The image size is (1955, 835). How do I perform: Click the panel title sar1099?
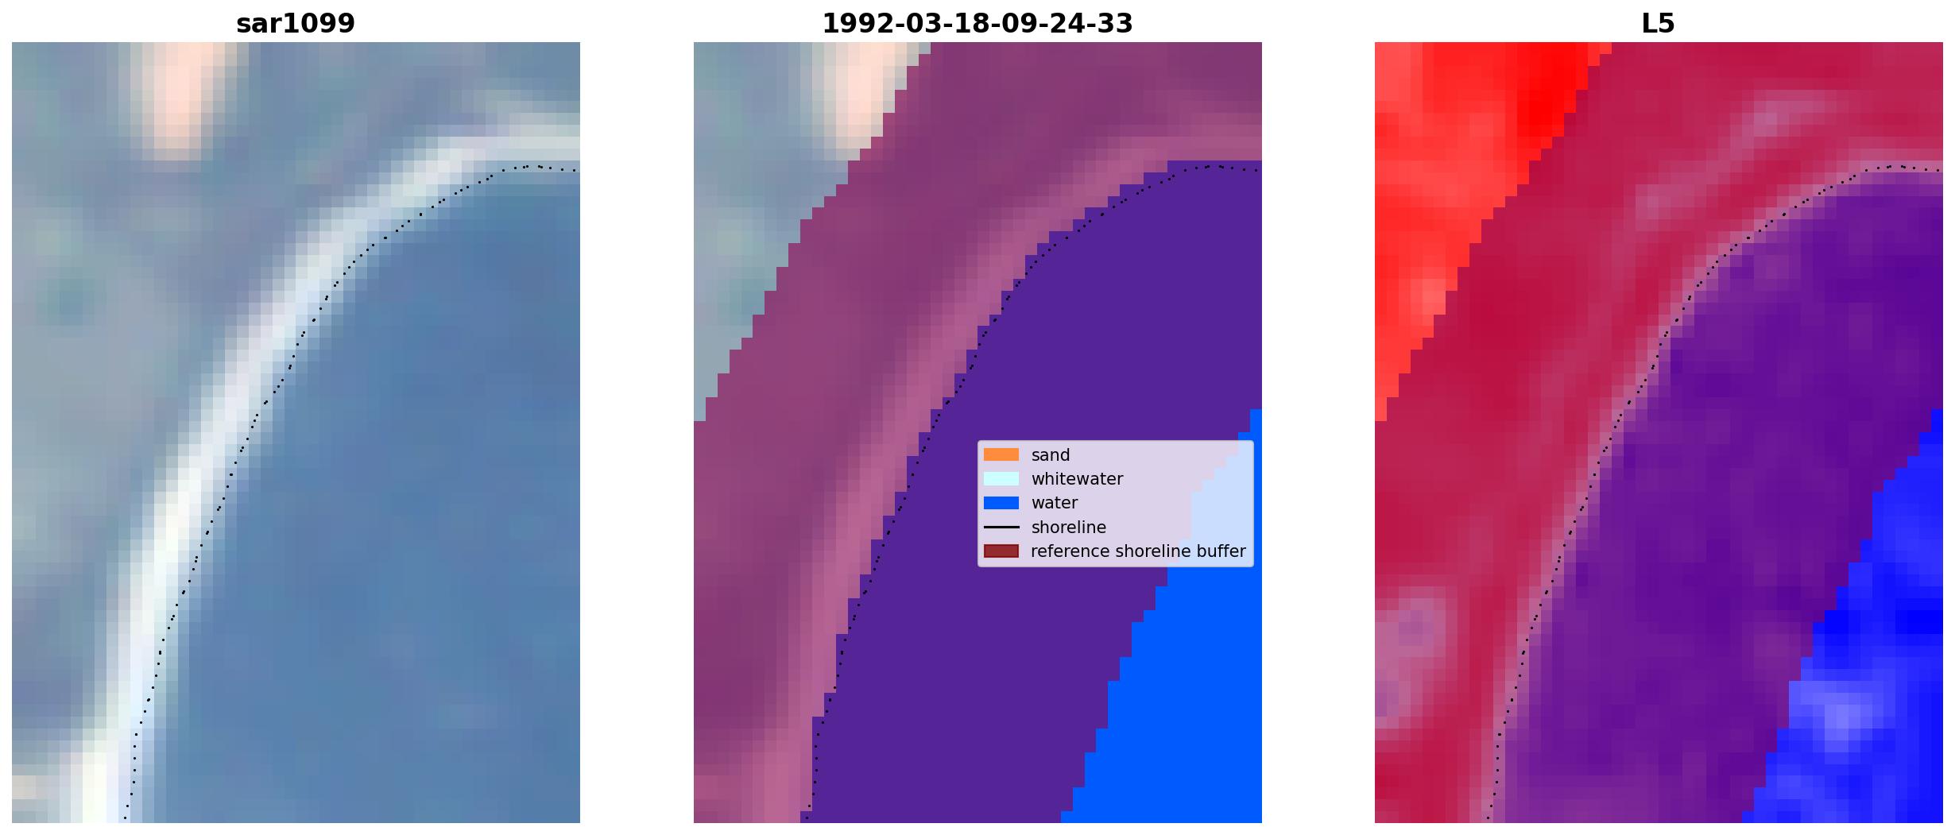(x=296, y=24)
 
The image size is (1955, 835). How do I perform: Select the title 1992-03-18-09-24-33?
(x=977, y=24)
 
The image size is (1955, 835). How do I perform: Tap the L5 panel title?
(x=1659, y=24)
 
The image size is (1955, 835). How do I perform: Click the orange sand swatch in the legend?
(x=1001, y=455)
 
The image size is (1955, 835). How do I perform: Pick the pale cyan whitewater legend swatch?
(x=1001, y=479)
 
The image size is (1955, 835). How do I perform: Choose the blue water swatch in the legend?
(x=1001, y=503)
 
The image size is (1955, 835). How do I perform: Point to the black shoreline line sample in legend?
(x=1001, y=528)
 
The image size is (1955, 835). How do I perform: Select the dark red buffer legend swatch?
(x=1001, y=551)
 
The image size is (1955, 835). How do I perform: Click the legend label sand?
(x=1051, y=455)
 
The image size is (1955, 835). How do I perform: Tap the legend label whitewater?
(x=1077, y=479)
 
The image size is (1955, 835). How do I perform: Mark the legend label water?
(x=1055, y=503)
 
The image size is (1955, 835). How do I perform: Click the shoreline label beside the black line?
(x=1069, y=528)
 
